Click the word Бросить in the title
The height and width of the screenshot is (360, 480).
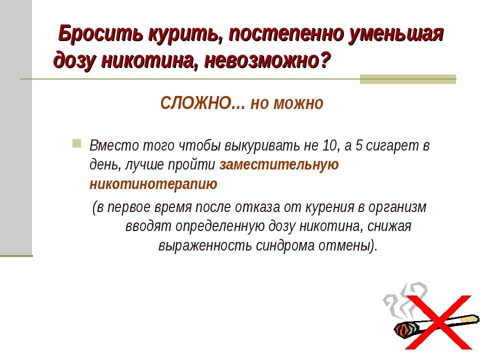pos(100,33)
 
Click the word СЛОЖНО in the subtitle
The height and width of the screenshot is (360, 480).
pos(196,103)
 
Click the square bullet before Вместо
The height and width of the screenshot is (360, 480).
pos(77,143)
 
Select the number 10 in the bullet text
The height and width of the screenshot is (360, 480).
pos(329,145)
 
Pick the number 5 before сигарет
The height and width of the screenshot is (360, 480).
pos(359,145)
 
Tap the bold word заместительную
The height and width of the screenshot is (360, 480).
pos(279,164)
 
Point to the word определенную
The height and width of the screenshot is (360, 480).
pos(220,227)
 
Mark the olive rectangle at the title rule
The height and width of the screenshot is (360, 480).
pos(408,79)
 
